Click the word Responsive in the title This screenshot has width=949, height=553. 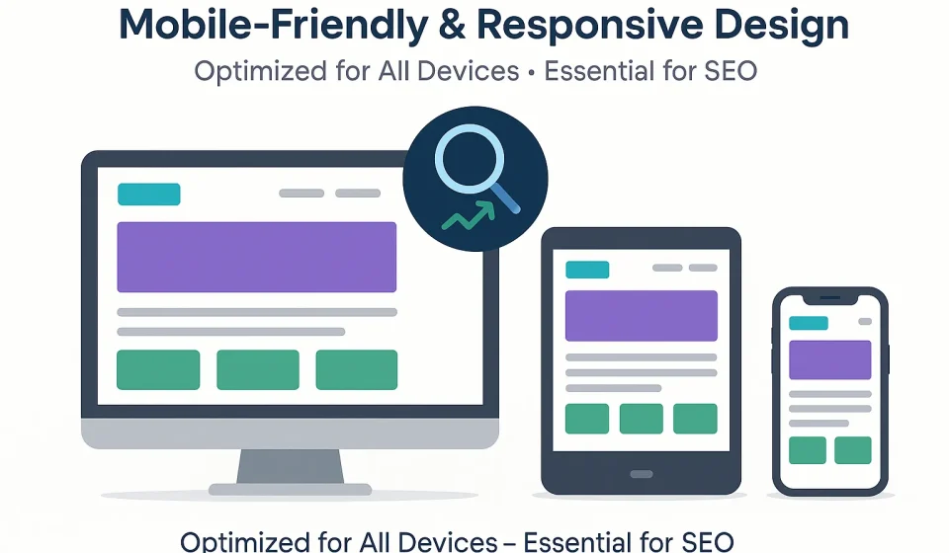coord(575,26)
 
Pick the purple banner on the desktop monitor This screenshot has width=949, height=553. coord(257,257)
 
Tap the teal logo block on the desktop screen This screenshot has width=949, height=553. coord(148,194)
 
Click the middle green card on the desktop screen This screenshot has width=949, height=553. coord(257,369)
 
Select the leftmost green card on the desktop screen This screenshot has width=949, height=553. coord(158,369)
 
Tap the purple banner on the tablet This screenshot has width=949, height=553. coord(641,316)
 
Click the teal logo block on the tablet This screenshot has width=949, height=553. coord(587,269)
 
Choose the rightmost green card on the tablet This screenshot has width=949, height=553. coord(695,418)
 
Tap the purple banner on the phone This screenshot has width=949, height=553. coord(829,360)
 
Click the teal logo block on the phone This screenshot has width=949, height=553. coord(809,323)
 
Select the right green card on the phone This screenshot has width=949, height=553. coord(852,450)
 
